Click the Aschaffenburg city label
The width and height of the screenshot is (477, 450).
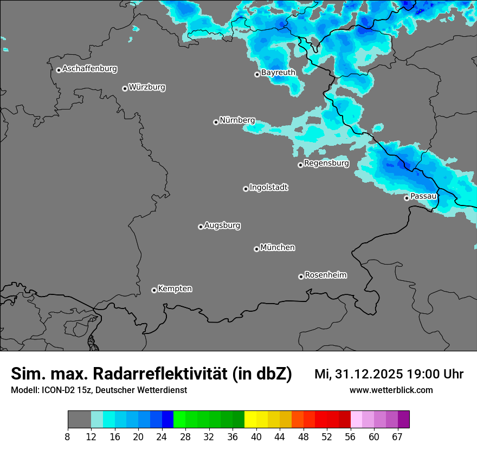pyautogui.click(x=89, y=69)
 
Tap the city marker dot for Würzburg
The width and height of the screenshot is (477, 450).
pyautogui.click(x=125, y=88)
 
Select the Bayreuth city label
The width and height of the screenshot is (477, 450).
pyautogui.click(x=278, y=73)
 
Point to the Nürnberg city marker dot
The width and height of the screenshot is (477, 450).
pyautogui.click(x=216, y=122)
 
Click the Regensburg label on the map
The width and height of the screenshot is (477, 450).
pyautogui.click(x=326, y=163)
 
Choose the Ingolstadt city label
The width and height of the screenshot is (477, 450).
pyautogui.click(x=268, y=188)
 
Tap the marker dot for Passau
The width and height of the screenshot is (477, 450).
pyautogui.click(x=407, y=198)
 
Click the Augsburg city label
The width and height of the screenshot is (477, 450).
pyautogui.click(x=222, y=226)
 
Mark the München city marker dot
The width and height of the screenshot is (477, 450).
pyautogui.click(x=256, y=249)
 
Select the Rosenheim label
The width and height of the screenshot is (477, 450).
pyautogui.click(x=325, y=275)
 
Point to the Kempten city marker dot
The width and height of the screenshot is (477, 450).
pyautogui.click(x=154, y=290)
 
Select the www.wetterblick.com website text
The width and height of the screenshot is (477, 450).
pyautogui.click(x=391, y=390)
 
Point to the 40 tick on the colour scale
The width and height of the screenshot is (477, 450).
pyautogui.click(x=256, y=437)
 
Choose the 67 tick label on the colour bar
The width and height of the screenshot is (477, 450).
pyautogui.click(x=397, y=437)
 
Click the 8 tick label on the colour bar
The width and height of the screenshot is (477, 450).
pyautogui.click(x=68, y=437)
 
